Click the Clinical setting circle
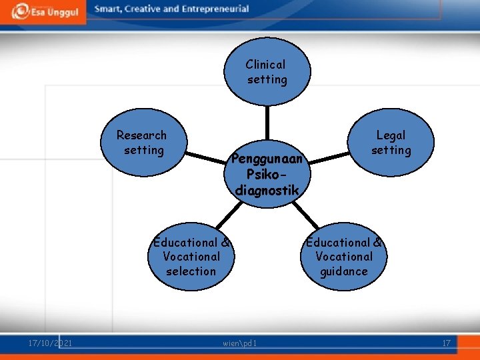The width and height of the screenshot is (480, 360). tap(266, 72)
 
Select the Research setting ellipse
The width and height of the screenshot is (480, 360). tap(142, 143)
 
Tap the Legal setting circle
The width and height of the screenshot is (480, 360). tap(391, 143)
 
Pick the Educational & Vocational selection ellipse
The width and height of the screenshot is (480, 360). tap(191, 257)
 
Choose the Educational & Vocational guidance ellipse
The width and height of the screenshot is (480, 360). tap(343, 257)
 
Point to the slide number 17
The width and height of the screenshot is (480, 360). tap(446, 343)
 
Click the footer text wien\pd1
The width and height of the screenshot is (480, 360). tap(241, 343)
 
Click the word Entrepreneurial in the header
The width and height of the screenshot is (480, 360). tap(215, 9)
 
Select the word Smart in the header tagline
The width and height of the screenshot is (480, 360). tap(109, 9)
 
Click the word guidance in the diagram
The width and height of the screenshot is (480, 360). tap(343, 271)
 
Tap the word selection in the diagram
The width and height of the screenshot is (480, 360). tap(191, 271)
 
